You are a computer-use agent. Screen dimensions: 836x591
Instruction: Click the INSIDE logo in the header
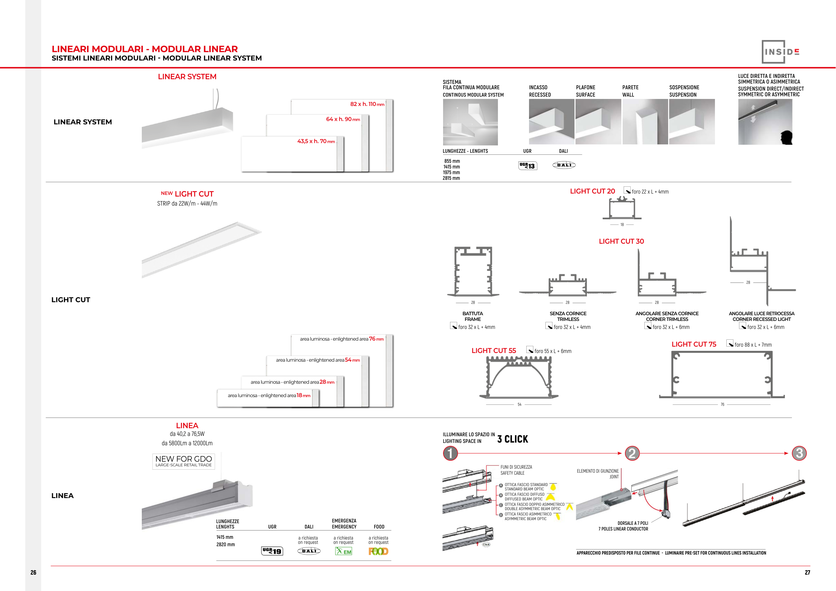click(780, 52)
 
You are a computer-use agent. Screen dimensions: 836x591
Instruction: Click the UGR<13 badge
click(528, 165)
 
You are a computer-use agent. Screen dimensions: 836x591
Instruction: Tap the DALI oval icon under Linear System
click(564, 165)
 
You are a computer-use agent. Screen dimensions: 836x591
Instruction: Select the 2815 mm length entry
click(451, 178)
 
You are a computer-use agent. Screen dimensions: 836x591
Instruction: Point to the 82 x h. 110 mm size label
click(367, 104)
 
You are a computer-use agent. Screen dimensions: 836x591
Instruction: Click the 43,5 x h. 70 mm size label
click(316, 141)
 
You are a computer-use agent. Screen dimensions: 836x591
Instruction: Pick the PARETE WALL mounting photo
click(645, 122)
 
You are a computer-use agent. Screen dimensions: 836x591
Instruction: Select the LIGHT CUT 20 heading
click(593, 191)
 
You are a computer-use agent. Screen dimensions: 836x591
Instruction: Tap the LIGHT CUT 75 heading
click(694, 344)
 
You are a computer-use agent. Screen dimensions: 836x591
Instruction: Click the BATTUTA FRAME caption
click(473, 316)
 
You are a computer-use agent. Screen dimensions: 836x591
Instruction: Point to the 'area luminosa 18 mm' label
click(269, 395)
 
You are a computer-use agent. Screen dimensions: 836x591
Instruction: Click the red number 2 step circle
click(632, 453)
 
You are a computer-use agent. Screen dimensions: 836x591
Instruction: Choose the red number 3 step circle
click(799, 453)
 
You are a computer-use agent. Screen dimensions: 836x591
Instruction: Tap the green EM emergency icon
click(343, 551)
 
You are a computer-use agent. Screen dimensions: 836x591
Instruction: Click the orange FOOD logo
click(378, 551)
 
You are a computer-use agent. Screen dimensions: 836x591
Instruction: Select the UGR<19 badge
click(272, 551)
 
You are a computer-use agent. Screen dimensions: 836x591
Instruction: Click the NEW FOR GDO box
click(184, 461)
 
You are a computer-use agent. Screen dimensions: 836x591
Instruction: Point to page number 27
click(807, 572)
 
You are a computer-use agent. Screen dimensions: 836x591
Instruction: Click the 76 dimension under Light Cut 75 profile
click(722, 404)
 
